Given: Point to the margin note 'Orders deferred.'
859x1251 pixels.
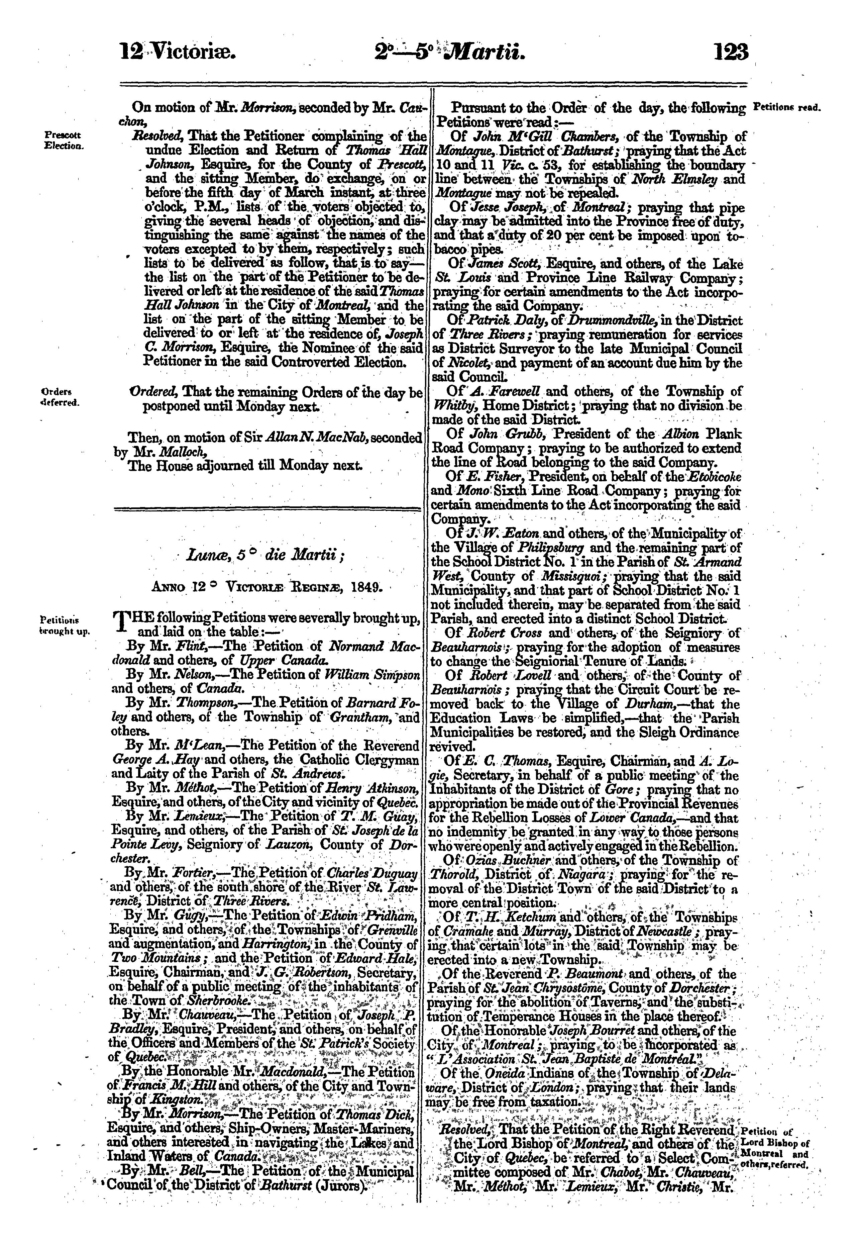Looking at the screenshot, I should (60, 396).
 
